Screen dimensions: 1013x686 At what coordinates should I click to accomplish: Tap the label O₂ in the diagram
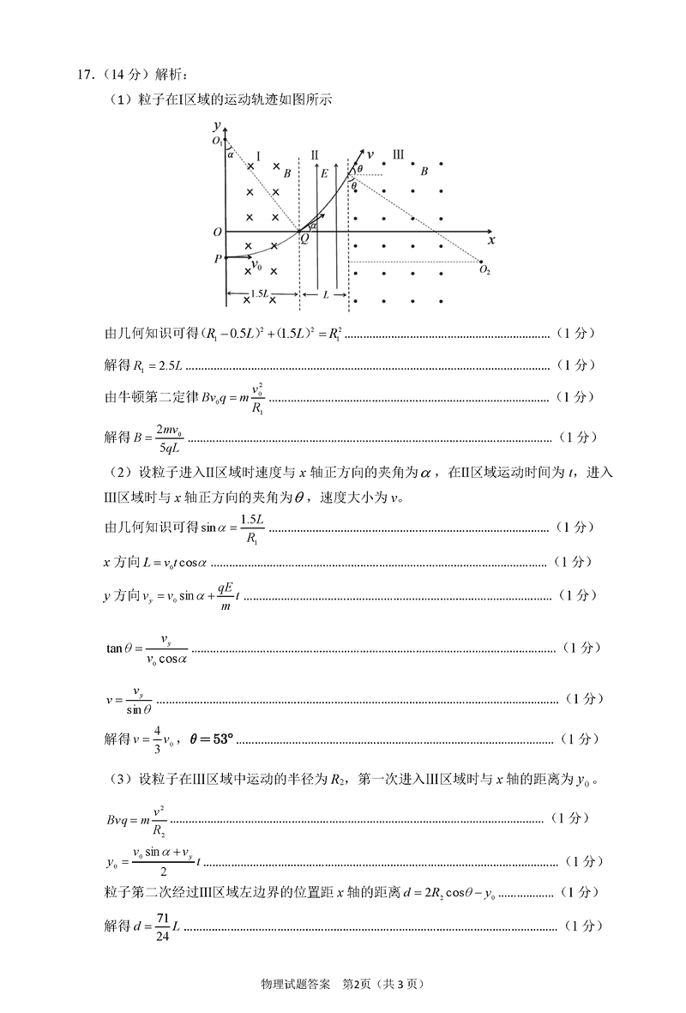coord(484,271)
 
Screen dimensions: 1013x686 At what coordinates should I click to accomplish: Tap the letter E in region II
coord(323,173)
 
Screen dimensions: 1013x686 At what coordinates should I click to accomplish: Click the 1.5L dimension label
coord(259,294)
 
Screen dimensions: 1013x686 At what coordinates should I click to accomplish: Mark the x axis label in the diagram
coord(490,241)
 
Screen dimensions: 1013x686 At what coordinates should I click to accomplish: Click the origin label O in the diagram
coord(218,232)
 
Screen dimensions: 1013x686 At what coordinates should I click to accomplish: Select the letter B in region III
coord(424,172)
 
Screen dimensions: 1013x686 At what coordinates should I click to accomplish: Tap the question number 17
coord(84,75)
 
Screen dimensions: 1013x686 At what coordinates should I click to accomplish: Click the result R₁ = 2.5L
coord(153,365)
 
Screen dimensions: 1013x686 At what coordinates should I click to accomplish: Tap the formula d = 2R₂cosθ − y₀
coord(438,895)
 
